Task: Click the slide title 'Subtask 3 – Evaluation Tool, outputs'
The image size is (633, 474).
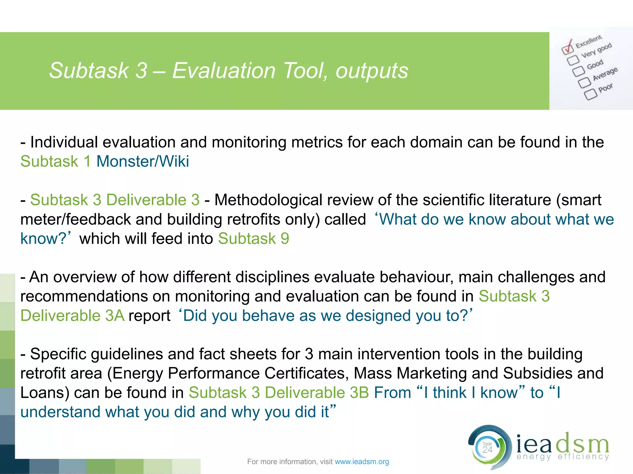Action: pos(229,71)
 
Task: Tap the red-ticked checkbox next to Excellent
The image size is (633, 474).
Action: pos(567,48)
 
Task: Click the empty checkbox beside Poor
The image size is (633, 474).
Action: pos(590,94)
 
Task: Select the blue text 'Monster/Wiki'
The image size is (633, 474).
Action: pos(142,161)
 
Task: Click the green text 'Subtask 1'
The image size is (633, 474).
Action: pos(56,161)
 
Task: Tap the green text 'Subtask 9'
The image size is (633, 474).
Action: pos(253,239)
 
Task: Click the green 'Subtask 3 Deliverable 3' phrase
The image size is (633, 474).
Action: pos(115,200)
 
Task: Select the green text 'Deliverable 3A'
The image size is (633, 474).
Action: pos(72,316)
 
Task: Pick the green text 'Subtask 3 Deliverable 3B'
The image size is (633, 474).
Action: pos(279,393)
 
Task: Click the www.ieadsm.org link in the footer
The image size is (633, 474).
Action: pos(362,462)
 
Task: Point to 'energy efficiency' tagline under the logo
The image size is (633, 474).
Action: pos(563,457)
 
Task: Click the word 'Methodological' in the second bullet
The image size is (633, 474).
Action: pos(268,200)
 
